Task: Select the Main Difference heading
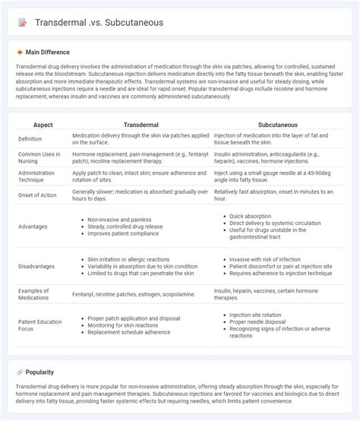(x=47, y=52)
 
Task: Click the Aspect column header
(x=43, y=124)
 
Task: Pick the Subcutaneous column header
(x=276, y=124)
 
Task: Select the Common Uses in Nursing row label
(x=40, y=158)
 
